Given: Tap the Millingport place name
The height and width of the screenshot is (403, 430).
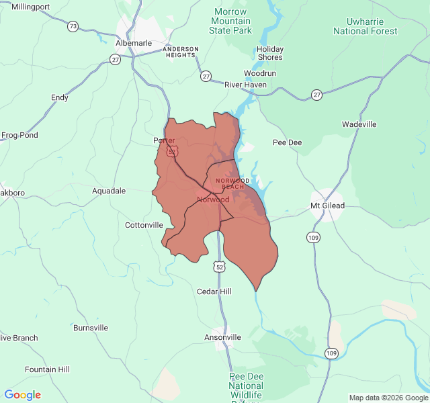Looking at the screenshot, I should [x=30, y=7].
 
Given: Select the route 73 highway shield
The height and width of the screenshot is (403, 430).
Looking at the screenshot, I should [x=72, y=27].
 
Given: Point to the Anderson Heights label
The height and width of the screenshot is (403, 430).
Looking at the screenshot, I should [x=181, y=52].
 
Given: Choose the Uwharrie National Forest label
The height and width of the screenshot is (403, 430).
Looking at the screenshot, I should [x=365, y=26].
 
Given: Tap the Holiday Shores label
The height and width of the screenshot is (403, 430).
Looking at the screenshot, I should [x=270, y=53].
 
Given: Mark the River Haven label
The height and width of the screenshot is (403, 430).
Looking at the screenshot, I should [x=245, y=85].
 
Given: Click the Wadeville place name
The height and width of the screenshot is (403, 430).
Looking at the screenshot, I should [x=359, y=124].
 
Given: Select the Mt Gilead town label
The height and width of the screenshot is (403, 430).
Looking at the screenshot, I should [x=327, y=206].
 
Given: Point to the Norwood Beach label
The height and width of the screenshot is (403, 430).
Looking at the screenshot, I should [x=232, y=183].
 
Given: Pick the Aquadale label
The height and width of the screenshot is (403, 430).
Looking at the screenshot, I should [x=109, y=191].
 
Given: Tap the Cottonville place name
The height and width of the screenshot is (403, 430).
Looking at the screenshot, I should [x=144, y=225].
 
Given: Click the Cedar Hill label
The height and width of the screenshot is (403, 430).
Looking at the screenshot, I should [x=214, y=292].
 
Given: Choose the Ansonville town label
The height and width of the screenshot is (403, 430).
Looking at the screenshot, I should [x=223, y=337].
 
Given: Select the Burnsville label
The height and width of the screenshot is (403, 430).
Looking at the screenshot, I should [x=91, y=328].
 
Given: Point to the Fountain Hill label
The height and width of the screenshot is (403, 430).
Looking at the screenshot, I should [x=47, y=369].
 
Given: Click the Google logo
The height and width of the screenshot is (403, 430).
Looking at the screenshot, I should [x=23, y=395].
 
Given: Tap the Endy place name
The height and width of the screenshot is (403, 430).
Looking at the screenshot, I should [x=60, y=97].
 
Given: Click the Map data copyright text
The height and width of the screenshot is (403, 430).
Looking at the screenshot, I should [x=388, y=398].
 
